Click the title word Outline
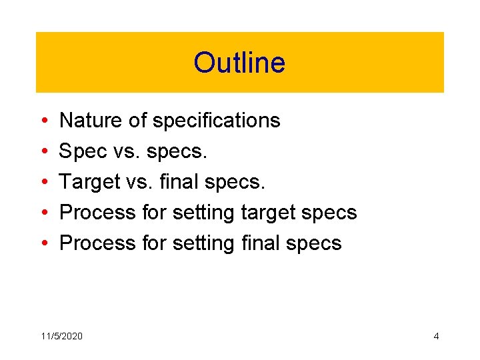(239, 63)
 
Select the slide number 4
(436, 336)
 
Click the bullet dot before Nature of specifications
(43, 121)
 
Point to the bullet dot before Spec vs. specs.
(43, 152)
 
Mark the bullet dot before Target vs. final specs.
(43, 183)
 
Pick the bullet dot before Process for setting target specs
(43, 213)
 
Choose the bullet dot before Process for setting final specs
(43, 244)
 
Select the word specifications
(216, 121)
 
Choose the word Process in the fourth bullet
(99, 213)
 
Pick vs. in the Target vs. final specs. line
(141, 182)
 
